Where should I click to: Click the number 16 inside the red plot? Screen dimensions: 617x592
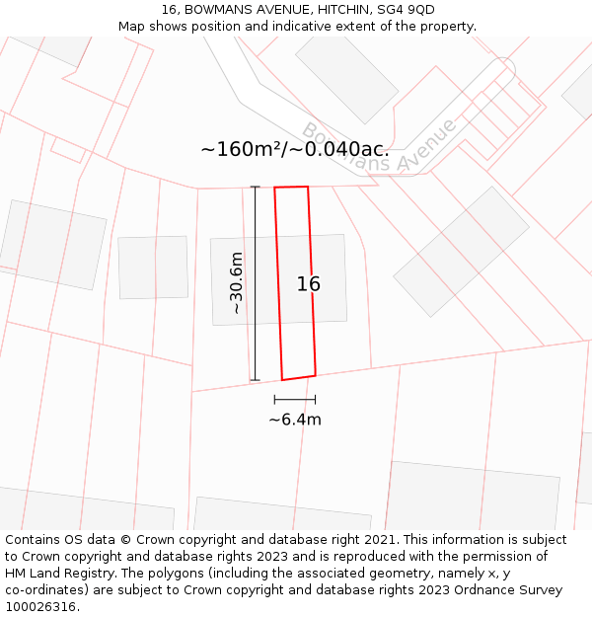click(x=309, y=284)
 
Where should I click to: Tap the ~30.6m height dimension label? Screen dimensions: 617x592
click(x=236, y=283)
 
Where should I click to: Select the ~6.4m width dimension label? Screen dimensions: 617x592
click(x=295, y=420)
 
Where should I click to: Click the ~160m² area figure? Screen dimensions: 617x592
click(x=241, y=149)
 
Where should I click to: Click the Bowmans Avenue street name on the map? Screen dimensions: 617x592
click(x=380, y=147)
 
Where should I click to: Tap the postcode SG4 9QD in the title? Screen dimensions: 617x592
click(x=403, y=10)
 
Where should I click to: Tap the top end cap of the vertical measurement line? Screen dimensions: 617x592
click(x=255, y=187)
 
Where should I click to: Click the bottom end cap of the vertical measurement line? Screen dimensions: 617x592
click(x=255, y=380)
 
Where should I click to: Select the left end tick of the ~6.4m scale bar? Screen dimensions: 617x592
click(x=274, y=400)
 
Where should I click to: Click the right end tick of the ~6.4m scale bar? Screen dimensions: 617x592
click(x=316, y=400)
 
